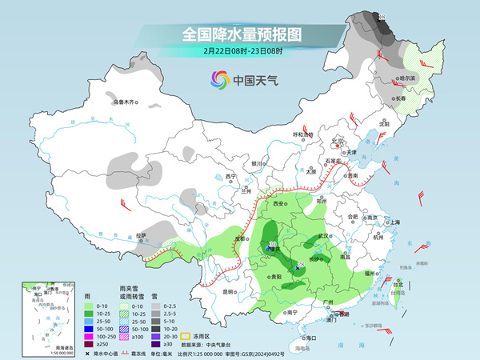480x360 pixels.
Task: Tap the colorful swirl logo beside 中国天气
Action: [x=219, y=80]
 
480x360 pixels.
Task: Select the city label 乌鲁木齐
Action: [x=125, y=102]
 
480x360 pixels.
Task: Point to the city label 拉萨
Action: [x=141, y=235]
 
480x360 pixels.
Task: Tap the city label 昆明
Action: [x=229, y=292]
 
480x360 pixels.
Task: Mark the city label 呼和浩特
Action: [x=305, y=134]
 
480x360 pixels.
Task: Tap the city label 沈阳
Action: [x=384, y=124]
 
